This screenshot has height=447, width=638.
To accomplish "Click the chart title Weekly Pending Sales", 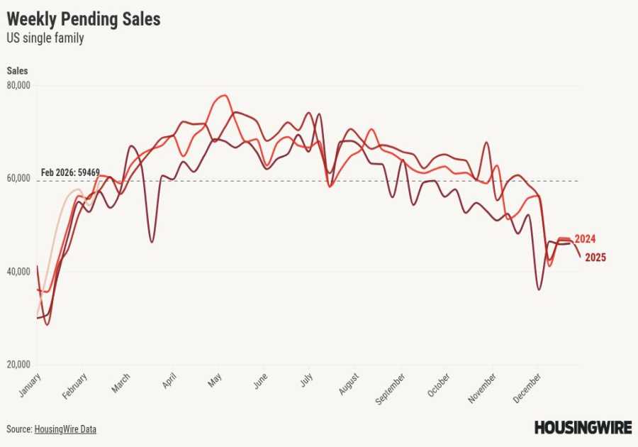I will coord(84,19).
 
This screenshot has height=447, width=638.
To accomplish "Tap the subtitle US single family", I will coord(45,38).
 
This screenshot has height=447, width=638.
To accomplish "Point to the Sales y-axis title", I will coord(18,70).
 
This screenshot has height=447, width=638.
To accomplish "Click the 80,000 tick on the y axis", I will coord(19,86).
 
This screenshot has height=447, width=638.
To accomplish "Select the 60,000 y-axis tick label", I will coord(19,179).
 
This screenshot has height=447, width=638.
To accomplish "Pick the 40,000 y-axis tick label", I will coord(19,272).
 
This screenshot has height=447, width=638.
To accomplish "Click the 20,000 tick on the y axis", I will coord(19,365).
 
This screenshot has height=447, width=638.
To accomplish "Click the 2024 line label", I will coord(585,238).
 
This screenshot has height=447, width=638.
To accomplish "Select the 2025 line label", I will coord(595,258).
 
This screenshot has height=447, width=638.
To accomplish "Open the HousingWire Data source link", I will coord(65,429).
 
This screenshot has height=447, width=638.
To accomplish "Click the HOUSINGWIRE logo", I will coord(583,427).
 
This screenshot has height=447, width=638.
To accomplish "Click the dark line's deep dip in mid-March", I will coord(152,242).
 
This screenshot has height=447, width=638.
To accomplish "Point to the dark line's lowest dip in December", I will coord(539,289).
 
